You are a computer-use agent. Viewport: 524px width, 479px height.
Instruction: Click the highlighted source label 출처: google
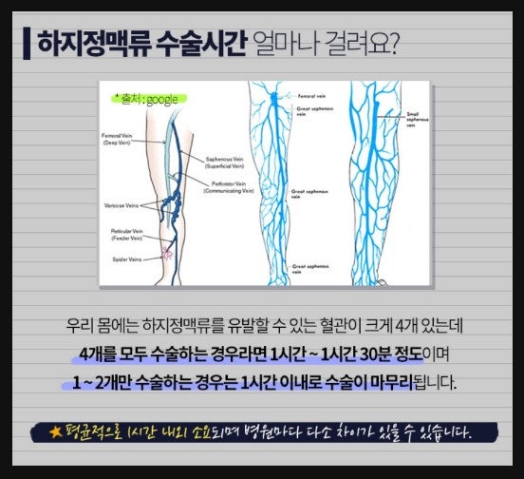[145, 98]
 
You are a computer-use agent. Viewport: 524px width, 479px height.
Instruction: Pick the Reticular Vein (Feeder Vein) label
[123, 235]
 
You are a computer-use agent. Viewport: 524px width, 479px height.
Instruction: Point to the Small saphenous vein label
[420, 118]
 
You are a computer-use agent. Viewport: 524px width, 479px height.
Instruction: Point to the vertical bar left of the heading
[26, 43]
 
